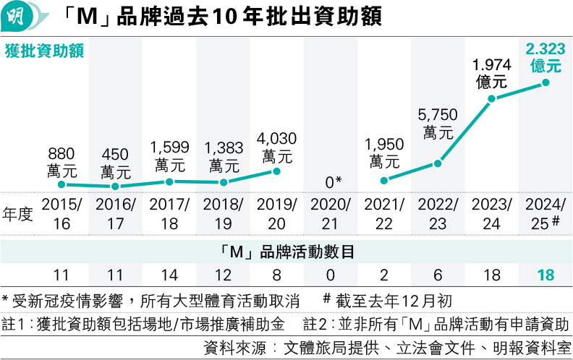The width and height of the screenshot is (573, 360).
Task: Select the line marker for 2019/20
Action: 276,171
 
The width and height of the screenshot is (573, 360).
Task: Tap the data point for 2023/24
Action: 492,98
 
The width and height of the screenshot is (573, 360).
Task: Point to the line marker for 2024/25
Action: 546,82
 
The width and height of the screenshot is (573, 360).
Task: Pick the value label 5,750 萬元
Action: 438,124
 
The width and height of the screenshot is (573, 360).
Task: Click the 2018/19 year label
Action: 223,213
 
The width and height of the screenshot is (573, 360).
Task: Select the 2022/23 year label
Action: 437,213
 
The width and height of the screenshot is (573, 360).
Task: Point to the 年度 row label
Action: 19,214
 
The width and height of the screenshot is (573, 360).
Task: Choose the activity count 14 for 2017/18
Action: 169,275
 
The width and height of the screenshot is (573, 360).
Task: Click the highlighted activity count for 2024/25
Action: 545,275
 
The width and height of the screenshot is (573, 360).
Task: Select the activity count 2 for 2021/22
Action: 383,275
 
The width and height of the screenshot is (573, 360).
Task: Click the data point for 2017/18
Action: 169,181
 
